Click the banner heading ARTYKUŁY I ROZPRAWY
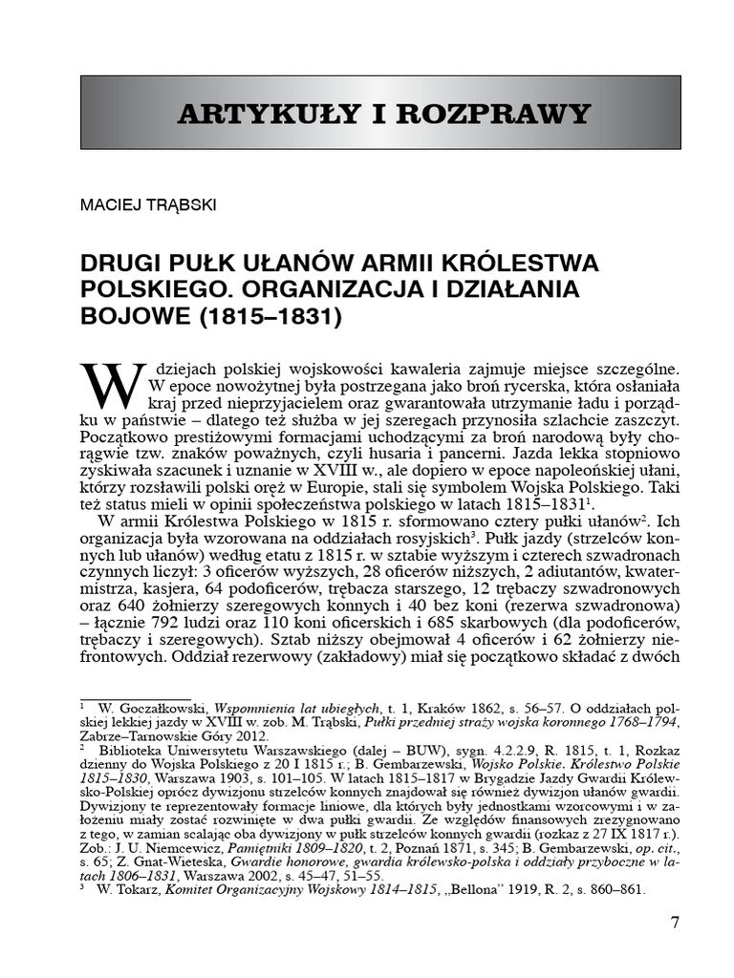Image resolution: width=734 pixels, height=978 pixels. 384,114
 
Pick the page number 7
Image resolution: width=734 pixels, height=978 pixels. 675,923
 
